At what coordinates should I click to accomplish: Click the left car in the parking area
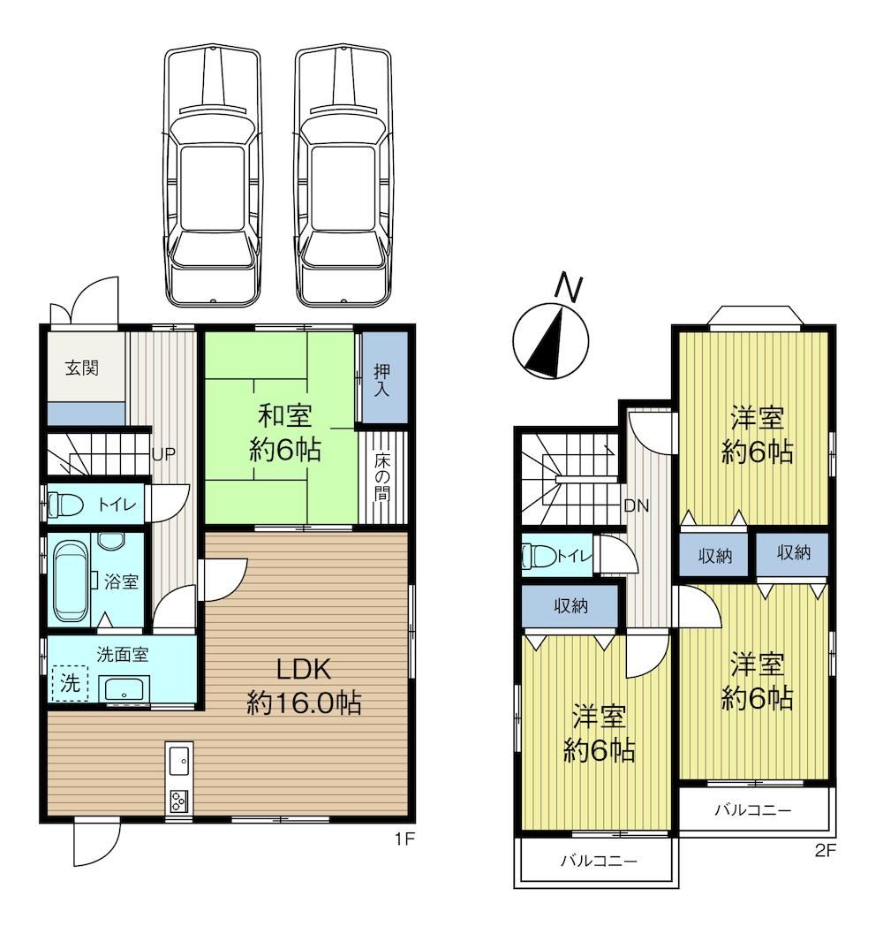(x=213, y=175)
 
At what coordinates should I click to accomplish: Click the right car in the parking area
(x=343, y=175)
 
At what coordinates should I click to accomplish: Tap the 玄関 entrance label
(x=81, y=368)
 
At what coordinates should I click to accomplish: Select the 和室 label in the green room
(x=284, y=415)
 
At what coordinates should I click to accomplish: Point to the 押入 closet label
(x=381, y=381)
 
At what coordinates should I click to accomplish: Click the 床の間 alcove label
(x=382, y=476)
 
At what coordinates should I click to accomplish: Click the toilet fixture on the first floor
(x=64, y=505)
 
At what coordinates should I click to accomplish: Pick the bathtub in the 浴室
(x=71, y=581)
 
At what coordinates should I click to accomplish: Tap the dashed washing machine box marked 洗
(x=71, y=683)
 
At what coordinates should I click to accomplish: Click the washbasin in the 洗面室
(x=125, y=690)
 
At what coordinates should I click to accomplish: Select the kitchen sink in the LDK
(x=178, y=762)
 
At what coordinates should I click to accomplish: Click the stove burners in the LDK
(x=178, y=800)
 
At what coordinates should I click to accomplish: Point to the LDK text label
(x=303, y=670)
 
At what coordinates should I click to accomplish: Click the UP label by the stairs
(x=163, y=454)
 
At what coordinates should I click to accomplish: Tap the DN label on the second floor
(x=636, y=505)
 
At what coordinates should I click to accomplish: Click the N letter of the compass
(x=569, y=288)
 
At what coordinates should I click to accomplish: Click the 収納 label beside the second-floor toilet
(x=571, y=606)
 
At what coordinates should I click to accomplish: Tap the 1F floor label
(x=404, y=839)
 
